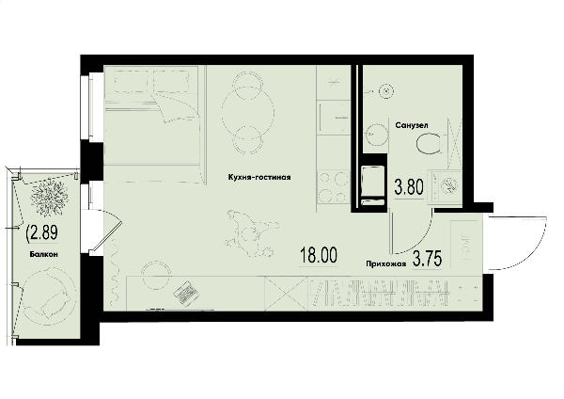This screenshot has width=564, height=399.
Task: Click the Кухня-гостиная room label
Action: pos(259,177)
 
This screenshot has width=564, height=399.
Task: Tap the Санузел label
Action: pos(412,125)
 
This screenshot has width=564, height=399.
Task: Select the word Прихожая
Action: pos(386,263)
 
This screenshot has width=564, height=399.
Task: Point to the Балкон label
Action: pos(44,254)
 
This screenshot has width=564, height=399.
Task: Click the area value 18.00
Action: pos(319,255)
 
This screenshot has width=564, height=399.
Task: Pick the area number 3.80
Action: pos(409,187)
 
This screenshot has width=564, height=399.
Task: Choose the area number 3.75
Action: pos(428,258)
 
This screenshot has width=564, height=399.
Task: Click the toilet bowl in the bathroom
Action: pos(429,144)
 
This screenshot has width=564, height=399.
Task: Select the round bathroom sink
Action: pos(377,136)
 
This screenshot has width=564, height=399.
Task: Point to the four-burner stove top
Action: pos(333,187)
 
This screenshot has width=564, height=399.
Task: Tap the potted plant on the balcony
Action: pos(49,197)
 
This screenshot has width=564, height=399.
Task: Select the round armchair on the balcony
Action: pos(50,296)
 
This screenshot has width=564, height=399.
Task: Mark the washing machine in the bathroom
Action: pos(446,187)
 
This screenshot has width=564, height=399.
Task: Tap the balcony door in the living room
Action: pos(107,231)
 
